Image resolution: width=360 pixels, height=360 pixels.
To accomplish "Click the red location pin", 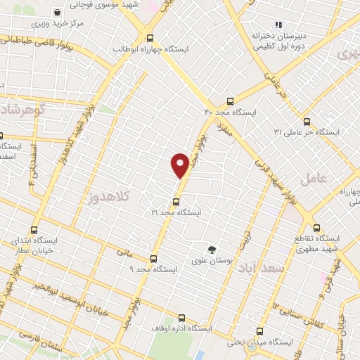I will [180, 165].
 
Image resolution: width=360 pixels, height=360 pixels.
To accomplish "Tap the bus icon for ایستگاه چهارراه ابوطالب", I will [149, 38].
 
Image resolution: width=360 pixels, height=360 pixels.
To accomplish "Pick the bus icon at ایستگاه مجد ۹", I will [154, 259].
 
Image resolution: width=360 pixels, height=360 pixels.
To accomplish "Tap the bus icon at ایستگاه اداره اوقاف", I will [182, 318].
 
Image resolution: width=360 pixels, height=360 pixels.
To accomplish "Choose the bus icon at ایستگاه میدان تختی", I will [261, 331].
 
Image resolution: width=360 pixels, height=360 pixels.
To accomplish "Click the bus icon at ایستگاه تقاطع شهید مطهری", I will [316, 228].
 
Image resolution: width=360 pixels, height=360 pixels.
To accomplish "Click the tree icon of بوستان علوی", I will [211, 249].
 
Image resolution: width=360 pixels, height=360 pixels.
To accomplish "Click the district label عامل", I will [314, 179].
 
